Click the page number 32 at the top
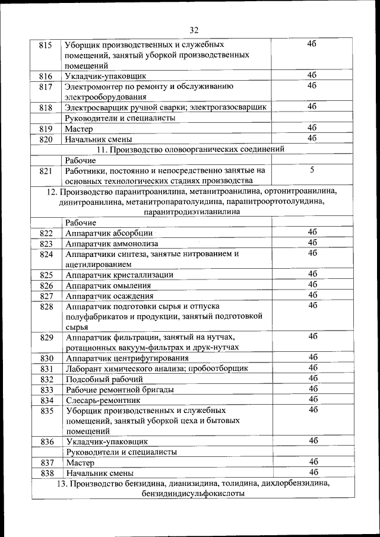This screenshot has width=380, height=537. click(194, 30)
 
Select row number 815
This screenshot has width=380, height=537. click(46, 45)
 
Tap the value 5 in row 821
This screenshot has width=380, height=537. click(312, 170)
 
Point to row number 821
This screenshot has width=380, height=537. click(46, 171)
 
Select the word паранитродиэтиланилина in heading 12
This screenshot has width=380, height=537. click(193, 212)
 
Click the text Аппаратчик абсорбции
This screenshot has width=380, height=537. click(109, 233)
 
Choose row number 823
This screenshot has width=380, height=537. click(46, 244)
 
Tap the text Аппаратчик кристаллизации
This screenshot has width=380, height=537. click(119, 275)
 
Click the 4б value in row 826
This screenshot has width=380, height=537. click(312, 285)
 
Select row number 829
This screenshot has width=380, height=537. click(46, 338)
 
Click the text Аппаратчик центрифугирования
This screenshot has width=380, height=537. click(127, 358)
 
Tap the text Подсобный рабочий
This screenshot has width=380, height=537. click(104, 379)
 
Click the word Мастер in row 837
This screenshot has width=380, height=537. click(80, 463)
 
